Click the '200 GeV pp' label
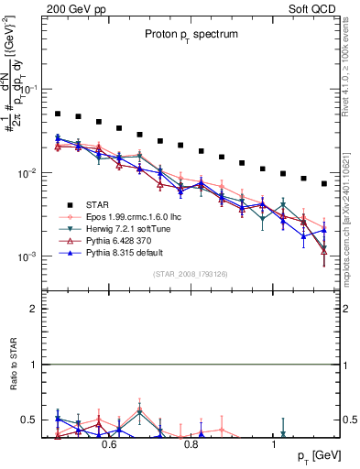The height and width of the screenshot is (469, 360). [x=69, y=7]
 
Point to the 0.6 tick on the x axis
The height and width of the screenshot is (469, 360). [x=108, y=444]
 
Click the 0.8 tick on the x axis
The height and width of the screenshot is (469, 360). [x=191, y=444]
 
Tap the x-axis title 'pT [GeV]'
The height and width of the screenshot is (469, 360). [x=313, y=455]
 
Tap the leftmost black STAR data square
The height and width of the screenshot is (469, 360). [x=57, y=114]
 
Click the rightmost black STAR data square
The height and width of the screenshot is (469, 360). [x=324, y=183]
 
